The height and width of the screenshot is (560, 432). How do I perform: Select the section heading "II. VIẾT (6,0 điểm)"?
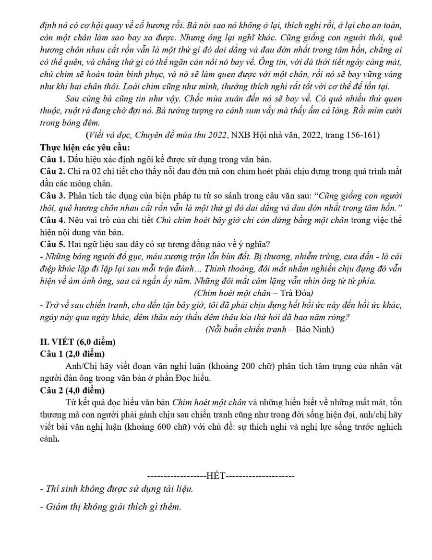pos(78,342)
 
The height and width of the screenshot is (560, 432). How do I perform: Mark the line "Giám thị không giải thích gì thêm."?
pos(111,507)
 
